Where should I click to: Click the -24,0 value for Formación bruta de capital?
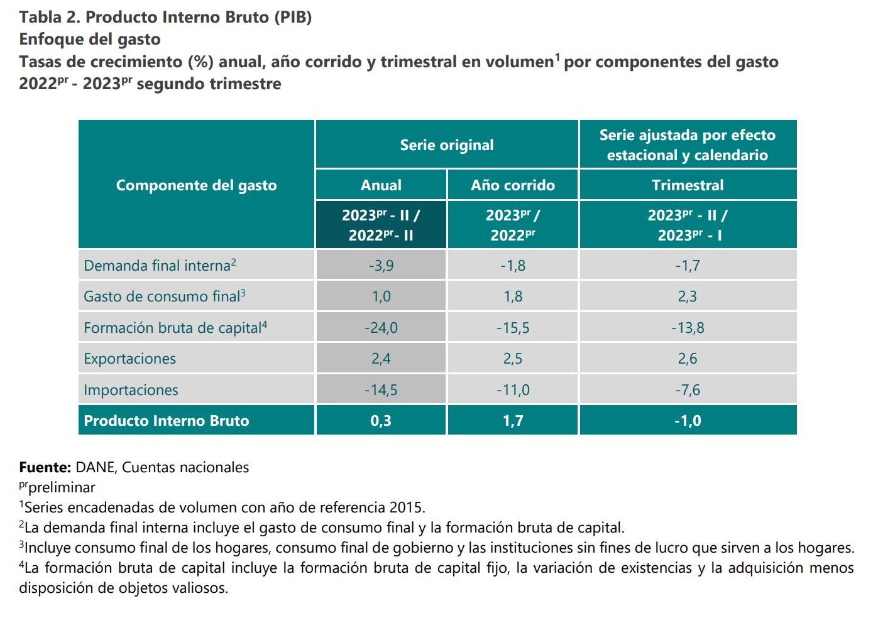click(x=381, y=327)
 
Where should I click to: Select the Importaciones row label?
click(x=131, y=390)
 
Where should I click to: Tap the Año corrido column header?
click(x=513, y=185)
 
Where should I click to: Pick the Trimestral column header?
click(x=688, y=185)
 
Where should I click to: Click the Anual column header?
click(x=381, y=185)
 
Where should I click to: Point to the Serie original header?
click(x=447, y=145)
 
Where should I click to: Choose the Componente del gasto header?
click(x=196, y=185)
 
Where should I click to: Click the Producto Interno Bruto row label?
click(x=167, y=421)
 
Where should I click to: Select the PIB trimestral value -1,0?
click(x=688, y=421)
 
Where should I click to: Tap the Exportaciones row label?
click(x=129, y=359)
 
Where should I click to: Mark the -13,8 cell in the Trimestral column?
click(x=688, y=327)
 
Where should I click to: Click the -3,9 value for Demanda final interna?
click(x=381, y=266)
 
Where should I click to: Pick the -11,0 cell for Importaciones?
click(x=513, y=390)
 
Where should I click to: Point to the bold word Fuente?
click(x=45, y=467)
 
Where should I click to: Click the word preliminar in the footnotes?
click(x=62, y=487)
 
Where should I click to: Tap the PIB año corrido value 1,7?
click(x=513, y=421)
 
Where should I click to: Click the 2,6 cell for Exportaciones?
click(x=688, y=359)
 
